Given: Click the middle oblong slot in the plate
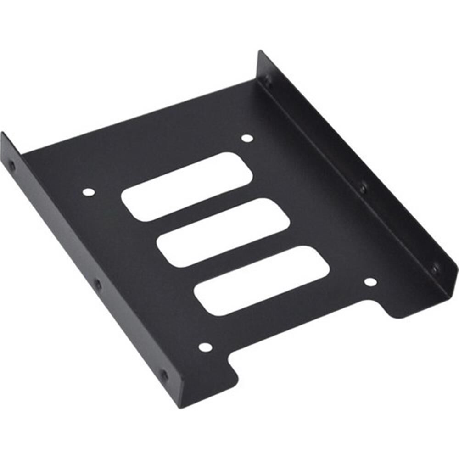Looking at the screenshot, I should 224,232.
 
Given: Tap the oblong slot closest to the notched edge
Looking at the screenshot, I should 262,280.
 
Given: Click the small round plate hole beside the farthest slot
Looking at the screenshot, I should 247,138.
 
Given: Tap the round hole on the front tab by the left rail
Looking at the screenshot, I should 205,347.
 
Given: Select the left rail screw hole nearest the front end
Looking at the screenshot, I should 164,375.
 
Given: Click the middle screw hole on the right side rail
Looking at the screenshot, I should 363,188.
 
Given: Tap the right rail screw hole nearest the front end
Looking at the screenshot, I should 434,269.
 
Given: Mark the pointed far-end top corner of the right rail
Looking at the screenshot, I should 260,51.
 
